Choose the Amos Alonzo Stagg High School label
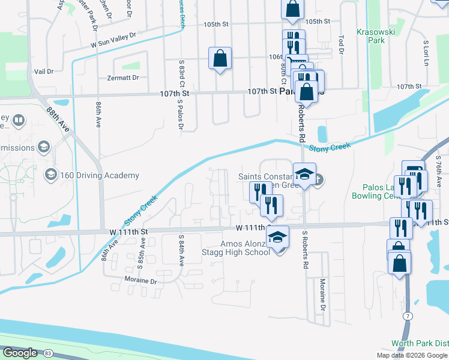tap(245, 247)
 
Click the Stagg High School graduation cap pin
tap(278, 236)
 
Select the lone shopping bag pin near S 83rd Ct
tap(220, 59)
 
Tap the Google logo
tap(20, 353)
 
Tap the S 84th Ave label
tap(180, 250)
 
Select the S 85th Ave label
tap(142, 251)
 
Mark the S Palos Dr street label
tap(179, 115)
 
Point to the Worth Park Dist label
tap(424, 343)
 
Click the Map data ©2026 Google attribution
tap(412, 355)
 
